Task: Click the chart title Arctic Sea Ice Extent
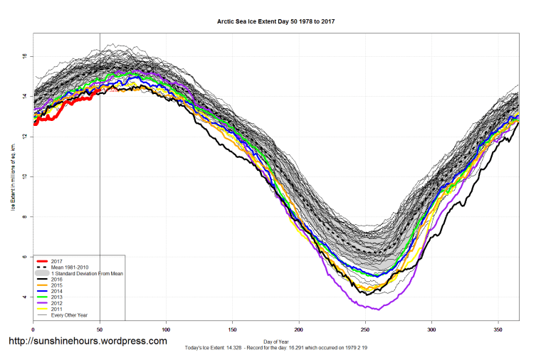point(275,21)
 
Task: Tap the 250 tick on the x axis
point(365,330)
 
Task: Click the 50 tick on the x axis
point(99,330)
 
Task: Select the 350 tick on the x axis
point(498,330)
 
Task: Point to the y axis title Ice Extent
point(12,176)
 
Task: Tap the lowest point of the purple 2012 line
point(379,309)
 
